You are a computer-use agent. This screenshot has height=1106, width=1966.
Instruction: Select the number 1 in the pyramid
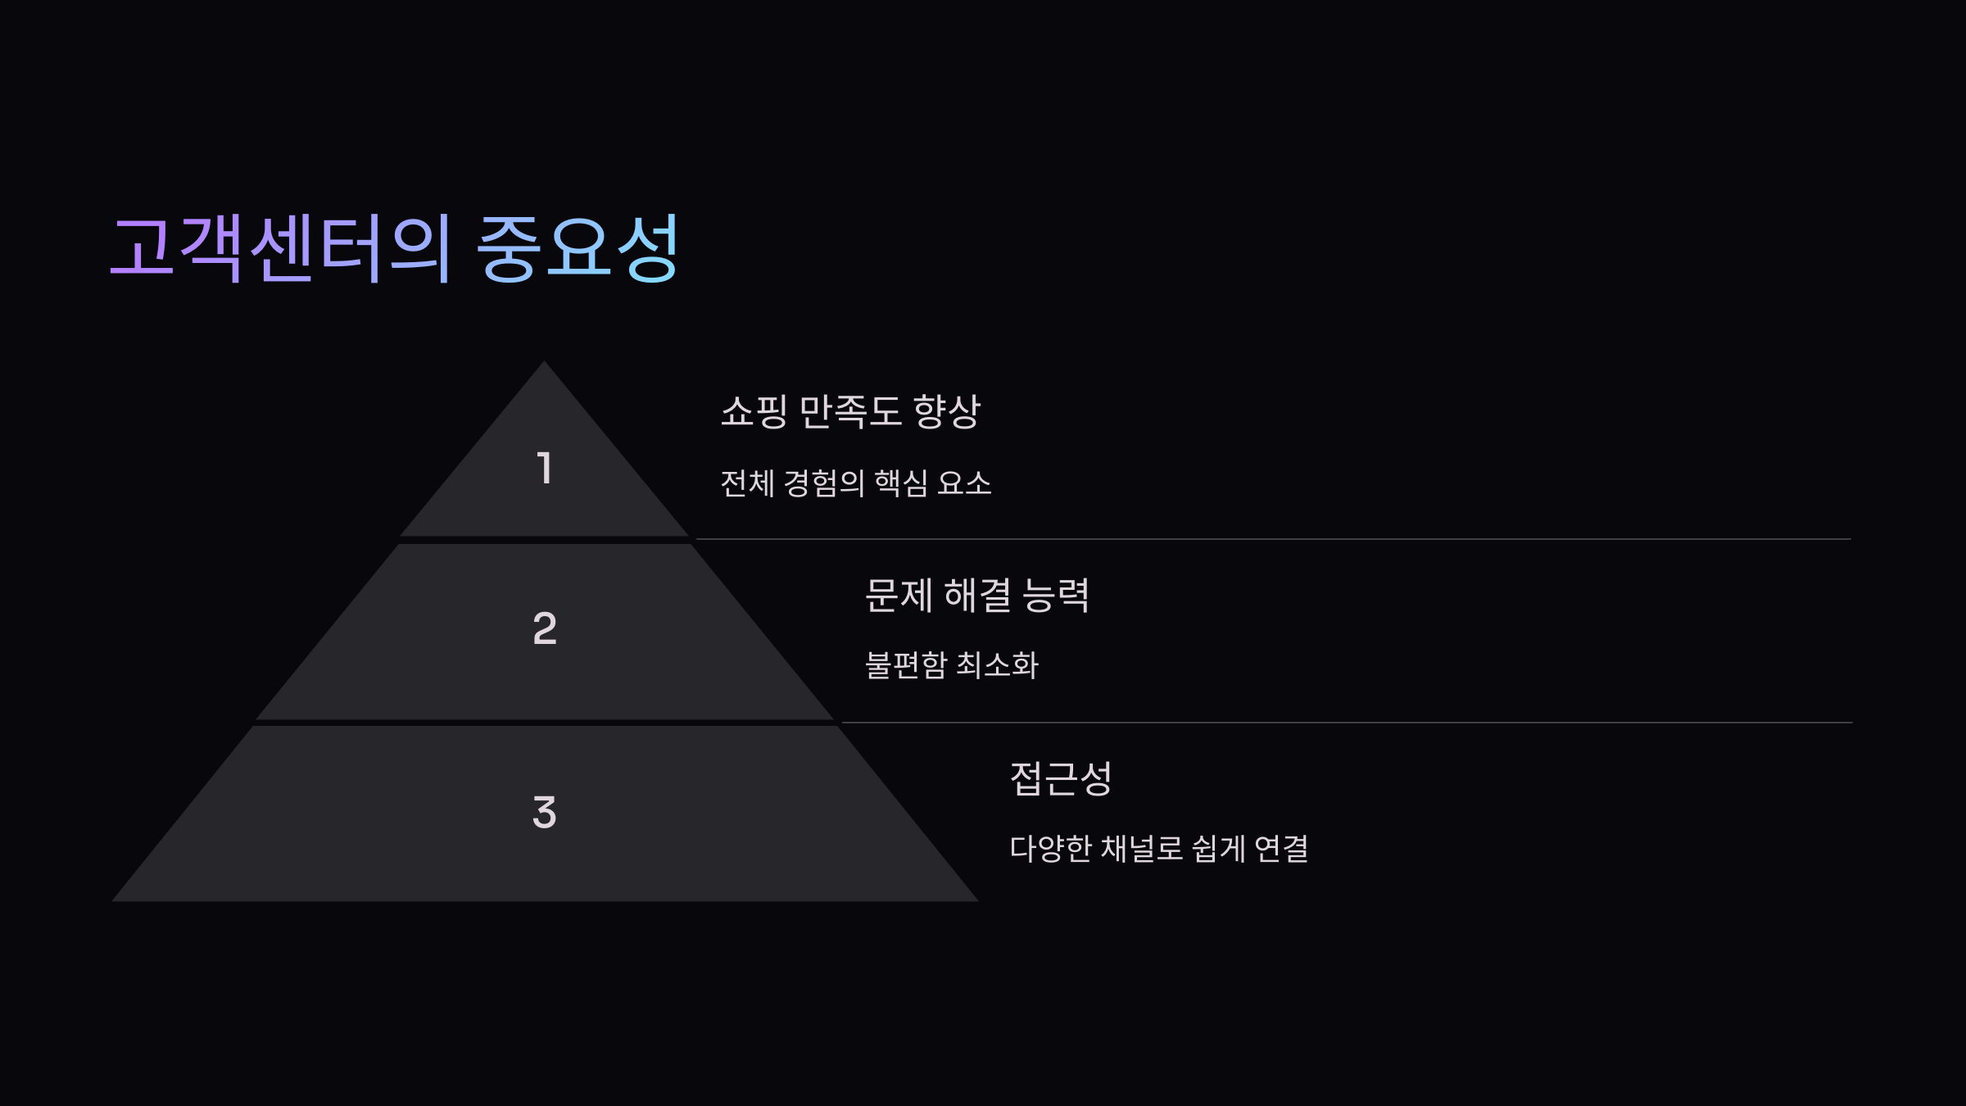pyautogui.click(x=545, y=469)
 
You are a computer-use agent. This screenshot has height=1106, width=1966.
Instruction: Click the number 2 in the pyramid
pyautogui.click(x=545, y=628)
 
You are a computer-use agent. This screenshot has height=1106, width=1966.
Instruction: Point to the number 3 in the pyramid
pyautogui.click(x=545, y=812)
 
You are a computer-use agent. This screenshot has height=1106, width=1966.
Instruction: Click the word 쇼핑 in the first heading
pyautogui.click(x=754, y=411)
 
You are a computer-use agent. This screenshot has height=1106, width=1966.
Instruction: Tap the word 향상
pyautogui.click(x=947, y=411)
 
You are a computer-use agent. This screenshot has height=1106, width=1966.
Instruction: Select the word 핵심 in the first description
pyautogui.click(x=901, y=483)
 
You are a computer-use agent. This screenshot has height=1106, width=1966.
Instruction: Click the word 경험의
pyautogui.click(x=824, y=483)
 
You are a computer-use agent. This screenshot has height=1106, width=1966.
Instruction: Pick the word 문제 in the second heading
pyautogui.click(x=899, y=595)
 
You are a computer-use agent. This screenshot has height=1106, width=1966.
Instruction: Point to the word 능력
pyautogui.click(x=1056, y=595)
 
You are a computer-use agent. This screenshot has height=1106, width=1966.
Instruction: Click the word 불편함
pyautogui.click(x=906, y=664)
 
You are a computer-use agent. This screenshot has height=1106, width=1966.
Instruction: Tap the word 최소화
pyautogui.click(x=998, y=664)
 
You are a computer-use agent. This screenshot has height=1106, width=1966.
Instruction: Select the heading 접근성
pyautogui.click(x=1061, y=778)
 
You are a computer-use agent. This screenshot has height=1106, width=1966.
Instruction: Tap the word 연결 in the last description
pyautogui.click(x=1281, y=849)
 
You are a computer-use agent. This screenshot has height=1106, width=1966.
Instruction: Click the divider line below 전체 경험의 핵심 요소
pyautogui.click(x=1270, y=539)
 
